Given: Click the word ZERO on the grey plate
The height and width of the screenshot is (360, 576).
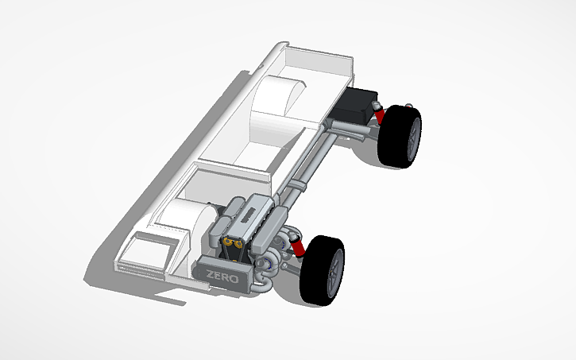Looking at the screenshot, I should (222, 277).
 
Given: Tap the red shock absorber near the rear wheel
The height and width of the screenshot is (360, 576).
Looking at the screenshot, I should (381, 115).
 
